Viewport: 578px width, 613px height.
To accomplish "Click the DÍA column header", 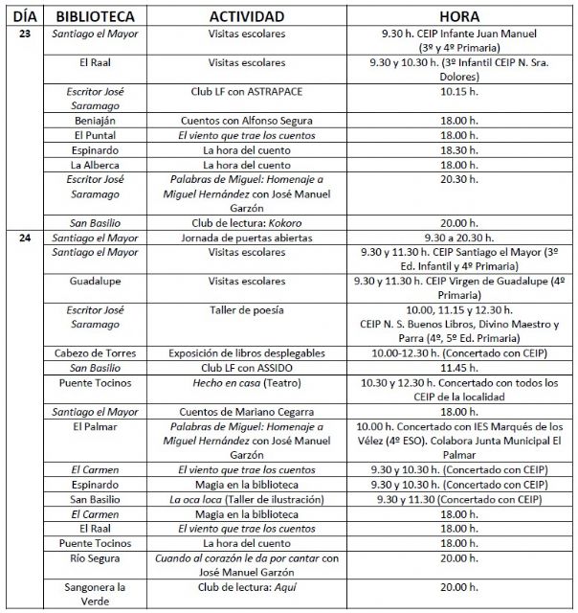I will pyautogui.click(x=24, y=17).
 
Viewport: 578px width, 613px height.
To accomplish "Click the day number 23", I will pyautogui.click(x=24, y=34).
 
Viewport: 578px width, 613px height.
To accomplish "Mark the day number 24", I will pyautogui.click(x=24, y=238).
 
